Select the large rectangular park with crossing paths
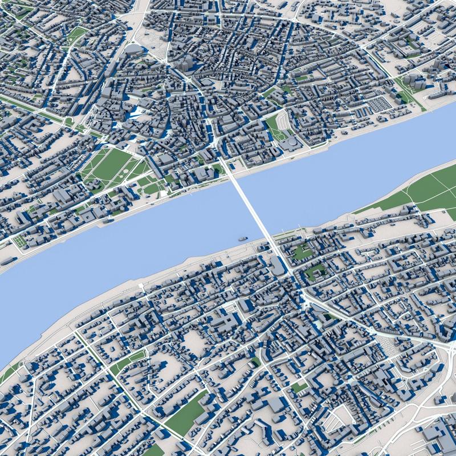click(x=112, y=166)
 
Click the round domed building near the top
click(x=133, y=51)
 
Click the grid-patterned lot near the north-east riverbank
click(x=379, y=104)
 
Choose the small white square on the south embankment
click(x=141, y=285)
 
